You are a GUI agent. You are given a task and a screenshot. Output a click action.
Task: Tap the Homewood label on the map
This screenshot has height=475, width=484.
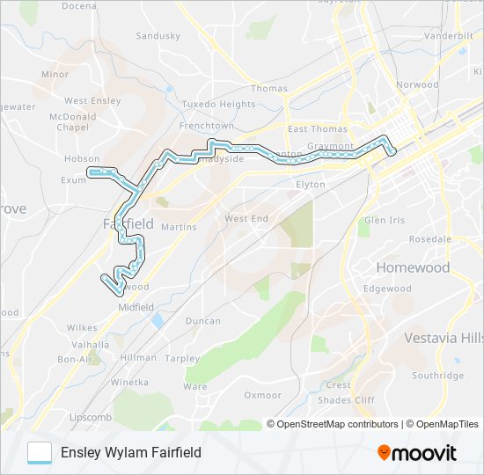pyautogui.click(x=413, y=267)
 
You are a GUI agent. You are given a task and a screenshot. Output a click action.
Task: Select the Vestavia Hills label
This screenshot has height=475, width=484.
pyautogui.click(x=444, y=338)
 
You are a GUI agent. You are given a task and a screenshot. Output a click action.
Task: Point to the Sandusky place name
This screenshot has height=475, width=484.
pyautogui.click(x=158, y=36)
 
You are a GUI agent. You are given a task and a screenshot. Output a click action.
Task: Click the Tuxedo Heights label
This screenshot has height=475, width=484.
pyautogui.click(x=218, y=104)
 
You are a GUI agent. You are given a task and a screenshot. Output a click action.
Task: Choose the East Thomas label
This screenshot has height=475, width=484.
pyautogui.click(x=312, y=129)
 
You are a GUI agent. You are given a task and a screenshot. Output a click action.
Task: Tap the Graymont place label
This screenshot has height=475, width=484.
pyautogui.click(x=331, y=146)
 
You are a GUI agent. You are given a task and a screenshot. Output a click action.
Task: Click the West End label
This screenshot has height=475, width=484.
pyautogui.click(x=246, y=218)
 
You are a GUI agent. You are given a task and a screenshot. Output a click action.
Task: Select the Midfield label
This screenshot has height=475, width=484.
pyautogui.click(x=136, y=307)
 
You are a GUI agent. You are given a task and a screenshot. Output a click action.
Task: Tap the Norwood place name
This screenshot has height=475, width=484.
pyautogui.click(x=417, y=85)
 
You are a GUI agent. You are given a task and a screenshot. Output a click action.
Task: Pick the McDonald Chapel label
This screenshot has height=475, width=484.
pyautogui.click(x=73, y=121)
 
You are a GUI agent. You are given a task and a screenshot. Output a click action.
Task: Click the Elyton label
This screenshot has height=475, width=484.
pyautogui.click(x=311, y=185)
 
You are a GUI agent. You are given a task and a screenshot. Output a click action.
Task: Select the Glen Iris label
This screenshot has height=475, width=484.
pyautogui.click(x=385, y=220)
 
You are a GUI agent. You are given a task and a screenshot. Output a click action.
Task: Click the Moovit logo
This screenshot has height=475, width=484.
pyautogui.click(x=417, y=453)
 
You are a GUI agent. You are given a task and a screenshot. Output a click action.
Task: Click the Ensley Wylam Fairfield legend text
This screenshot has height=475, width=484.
pyautogui.click(x=131, y=452)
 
